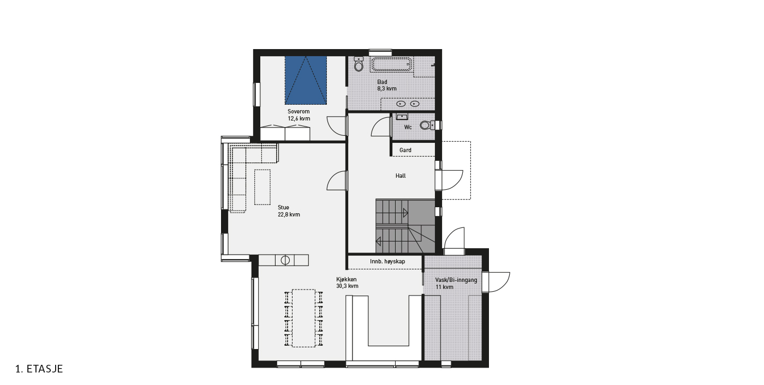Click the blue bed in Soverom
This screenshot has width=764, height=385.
[306, 80]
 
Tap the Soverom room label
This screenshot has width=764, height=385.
[299, 111]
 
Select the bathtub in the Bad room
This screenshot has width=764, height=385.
[391, 64]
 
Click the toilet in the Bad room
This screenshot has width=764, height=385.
[359, 64]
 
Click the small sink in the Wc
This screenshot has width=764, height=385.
[402, 117]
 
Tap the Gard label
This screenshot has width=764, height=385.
[405, 150]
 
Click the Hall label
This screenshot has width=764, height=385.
[401, 176]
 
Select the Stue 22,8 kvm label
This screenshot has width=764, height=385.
[289, 211]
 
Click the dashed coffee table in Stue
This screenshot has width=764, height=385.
[262, 187]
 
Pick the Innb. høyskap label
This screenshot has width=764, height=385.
[387, 261]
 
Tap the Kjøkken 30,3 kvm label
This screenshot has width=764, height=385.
[347, 282]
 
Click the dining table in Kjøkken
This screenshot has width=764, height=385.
[303, 318]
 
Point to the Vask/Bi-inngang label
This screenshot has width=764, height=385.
[456, 280]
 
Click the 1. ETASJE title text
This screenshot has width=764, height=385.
[39, 369]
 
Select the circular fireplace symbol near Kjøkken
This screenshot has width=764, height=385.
[285, 260]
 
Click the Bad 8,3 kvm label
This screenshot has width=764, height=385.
[387, 85]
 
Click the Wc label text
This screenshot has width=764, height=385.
[408, 127]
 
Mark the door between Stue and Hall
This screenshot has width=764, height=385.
[347, 181]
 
